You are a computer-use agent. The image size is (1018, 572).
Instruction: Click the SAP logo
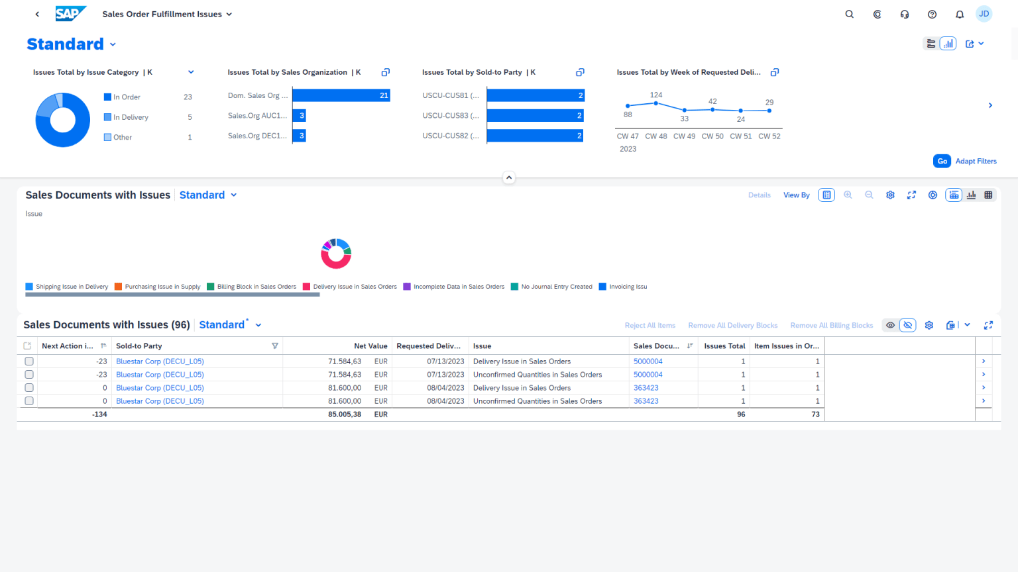coord(70,14)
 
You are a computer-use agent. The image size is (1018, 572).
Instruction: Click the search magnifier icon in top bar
coord(849,14)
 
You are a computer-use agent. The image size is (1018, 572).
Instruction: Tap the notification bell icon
coord(959,14)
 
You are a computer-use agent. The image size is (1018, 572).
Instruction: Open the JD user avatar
coord(984,14)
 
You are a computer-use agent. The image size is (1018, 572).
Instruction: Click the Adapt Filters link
coord(976,161)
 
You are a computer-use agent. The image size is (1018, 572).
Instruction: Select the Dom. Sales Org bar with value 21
coord(341,95)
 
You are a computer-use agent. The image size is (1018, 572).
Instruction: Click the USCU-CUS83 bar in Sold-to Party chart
coord(535,116)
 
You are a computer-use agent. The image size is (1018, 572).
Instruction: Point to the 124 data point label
coord(655,95)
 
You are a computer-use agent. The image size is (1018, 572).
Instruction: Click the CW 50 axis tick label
coord(712,136)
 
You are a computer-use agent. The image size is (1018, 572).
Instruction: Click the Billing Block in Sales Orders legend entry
coord(256,287)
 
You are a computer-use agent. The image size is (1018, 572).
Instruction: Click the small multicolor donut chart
coord(336,254)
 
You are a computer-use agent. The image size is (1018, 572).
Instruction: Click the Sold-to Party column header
coord(139,346)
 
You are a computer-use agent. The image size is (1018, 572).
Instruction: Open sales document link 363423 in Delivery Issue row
coord(646,388)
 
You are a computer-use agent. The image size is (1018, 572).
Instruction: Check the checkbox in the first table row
coord(29,361)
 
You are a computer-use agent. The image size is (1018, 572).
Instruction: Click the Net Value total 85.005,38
coord(345,414)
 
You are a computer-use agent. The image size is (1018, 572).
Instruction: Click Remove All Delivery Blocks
coord(732,325)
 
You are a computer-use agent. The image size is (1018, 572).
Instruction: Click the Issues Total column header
coord(724,346)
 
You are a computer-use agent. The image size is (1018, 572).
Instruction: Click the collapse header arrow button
coord(509,177)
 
